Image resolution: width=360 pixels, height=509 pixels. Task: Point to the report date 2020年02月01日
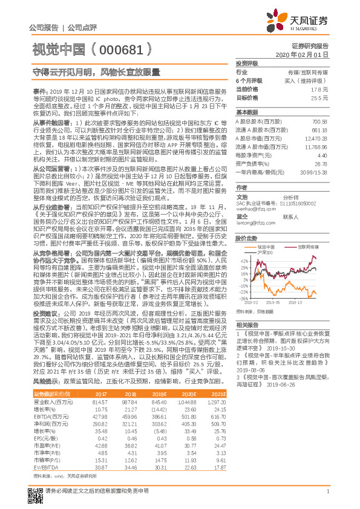coord(306,55)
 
